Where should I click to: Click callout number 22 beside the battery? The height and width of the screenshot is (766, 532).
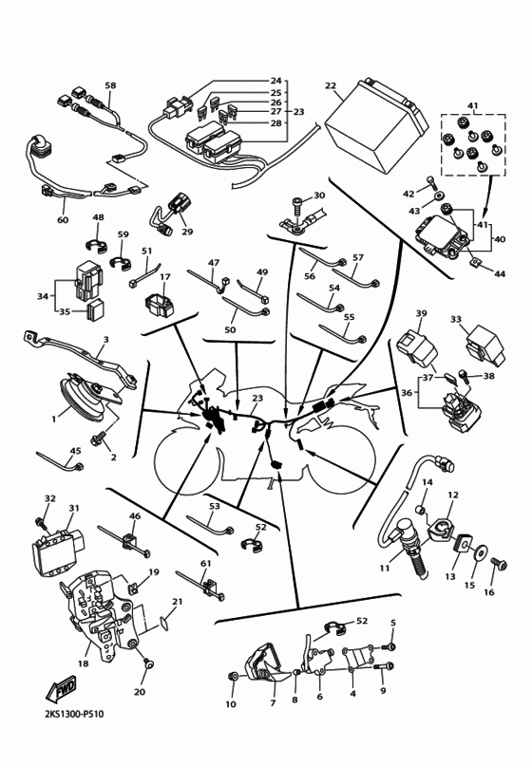coord(331,85)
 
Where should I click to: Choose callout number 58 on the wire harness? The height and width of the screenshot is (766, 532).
coord(110,86)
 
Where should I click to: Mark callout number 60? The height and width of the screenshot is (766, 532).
coord(63,220)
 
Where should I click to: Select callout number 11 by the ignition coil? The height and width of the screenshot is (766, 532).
coord(384,569)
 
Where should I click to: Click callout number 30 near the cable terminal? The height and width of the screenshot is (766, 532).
coord(319,196)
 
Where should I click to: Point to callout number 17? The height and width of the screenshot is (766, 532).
coord(164,277)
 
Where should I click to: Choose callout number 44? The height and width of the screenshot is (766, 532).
coord(500,274)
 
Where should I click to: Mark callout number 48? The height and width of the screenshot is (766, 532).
coord(98,218)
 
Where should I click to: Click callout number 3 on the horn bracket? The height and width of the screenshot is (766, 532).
coord(105,339)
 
